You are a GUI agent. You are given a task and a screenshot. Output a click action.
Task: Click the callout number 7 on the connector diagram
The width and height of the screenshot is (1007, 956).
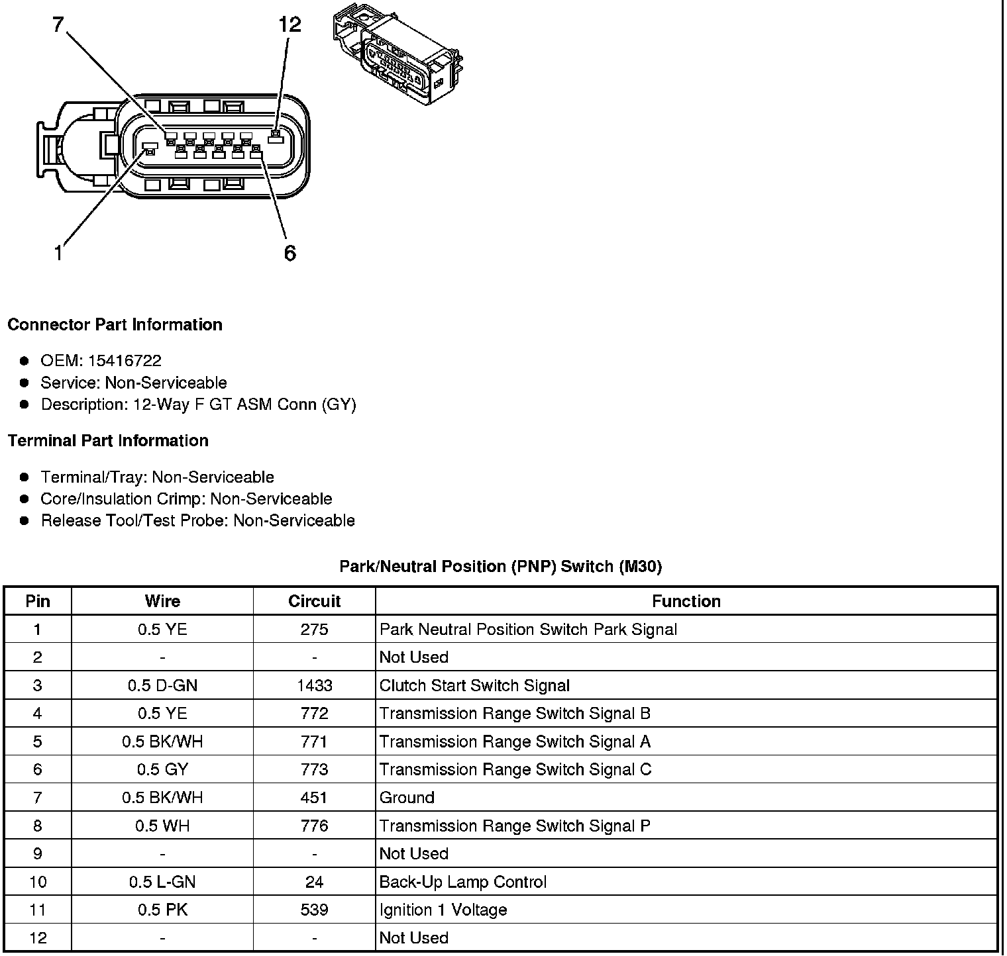click(x=58, y=25)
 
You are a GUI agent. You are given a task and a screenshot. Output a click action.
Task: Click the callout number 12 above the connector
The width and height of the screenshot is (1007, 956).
click(x=290, y=25)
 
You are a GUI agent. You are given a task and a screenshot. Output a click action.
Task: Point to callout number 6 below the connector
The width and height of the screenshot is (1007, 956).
click(x=290, y=253)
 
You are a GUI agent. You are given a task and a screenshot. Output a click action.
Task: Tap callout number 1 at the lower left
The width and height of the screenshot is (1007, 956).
click(x=58, y=253)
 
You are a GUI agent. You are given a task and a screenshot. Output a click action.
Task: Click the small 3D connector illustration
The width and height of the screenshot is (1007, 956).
click(x=397, y=53)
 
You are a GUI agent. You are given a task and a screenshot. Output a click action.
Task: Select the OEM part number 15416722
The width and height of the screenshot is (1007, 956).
click(x=125, y=361)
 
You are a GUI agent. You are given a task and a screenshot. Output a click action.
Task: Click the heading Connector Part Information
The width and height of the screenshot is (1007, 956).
click(x=115, y=324)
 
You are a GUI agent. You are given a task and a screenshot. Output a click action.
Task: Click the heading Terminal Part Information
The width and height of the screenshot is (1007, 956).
click(x=108, y=441)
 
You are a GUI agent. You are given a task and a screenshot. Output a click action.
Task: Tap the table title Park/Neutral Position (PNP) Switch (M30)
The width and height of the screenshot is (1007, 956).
click(x=500, y=566)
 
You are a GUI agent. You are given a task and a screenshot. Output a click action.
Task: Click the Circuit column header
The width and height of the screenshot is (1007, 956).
click(x=314, y=601)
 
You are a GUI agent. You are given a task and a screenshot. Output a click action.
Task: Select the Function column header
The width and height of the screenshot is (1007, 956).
click(x=686, y=601)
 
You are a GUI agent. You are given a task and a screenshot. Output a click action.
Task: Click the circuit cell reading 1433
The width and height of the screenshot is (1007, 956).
click(x=314, y=685)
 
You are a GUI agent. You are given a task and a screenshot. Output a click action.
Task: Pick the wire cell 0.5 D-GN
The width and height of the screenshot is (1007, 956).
click(x=162, y=685)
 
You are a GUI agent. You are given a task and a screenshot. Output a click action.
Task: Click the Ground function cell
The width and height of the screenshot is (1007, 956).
click(x=407, y=798)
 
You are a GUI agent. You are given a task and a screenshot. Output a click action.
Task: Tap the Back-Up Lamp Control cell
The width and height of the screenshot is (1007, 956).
click(x=462, y=882)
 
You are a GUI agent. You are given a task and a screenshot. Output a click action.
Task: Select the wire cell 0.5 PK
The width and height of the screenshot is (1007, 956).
click(x=162, y=910)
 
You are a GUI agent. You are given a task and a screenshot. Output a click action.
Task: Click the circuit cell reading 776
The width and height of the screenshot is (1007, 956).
click(x=314, y=826)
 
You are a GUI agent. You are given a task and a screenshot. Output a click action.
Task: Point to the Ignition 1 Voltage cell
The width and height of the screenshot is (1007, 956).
click(x=443, y=910)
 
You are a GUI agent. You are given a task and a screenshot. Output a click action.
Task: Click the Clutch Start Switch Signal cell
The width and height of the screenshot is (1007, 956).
click(x=474, y=685)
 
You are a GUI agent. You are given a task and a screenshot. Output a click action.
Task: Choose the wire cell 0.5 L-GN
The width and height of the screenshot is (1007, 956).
click(x=162, y=882)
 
